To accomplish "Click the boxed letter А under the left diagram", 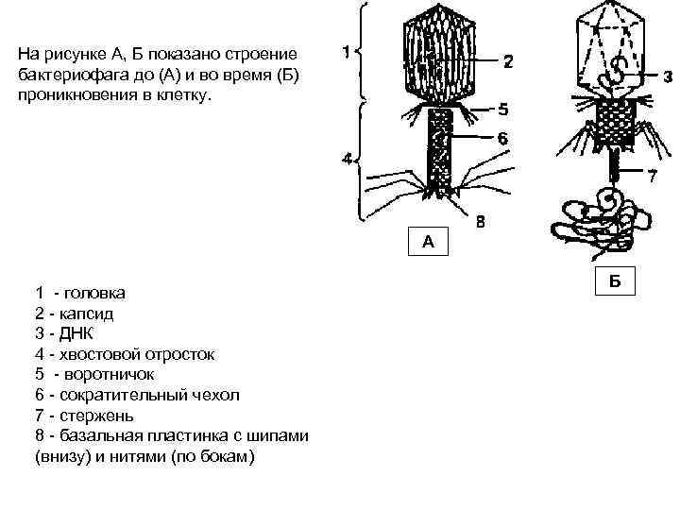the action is [x=428, y=242].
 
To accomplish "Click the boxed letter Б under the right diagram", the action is [x=614, y=280].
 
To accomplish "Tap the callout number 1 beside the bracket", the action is [x=347, y=54].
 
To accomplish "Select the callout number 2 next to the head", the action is [x=507, y=62].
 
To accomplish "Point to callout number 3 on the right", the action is [x=667, y=78].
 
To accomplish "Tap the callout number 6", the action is [x=502, y=138].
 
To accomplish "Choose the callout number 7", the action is [x=652, y=176].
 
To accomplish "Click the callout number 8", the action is [x=481, y=224].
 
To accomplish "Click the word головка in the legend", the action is [x=94, y=293].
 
